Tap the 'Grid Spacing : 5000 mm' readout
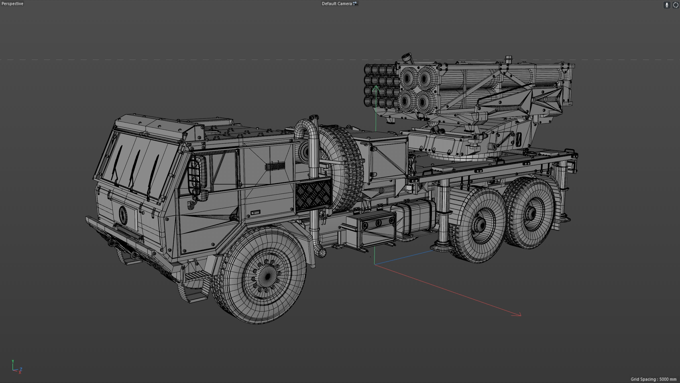point(653,379)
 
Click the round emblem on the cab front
point(123,214)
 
